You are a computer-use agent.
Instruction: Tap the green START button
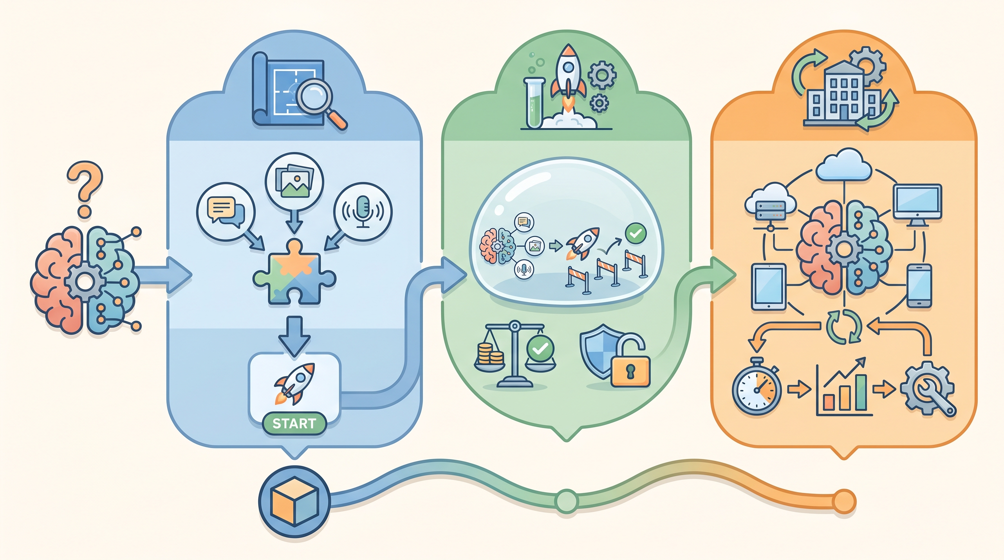[294, 423]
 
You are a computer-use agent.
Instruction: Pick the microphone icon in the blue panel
[363, 211]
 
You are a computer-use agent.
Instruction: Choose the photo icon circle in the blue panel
[294, 181]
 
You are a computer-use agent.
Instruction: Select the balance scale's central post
[514, 354]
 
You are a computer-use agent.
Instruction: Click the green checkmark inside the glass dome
[636, 233]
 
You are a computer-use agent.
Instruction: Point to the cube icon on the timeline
[295, 501]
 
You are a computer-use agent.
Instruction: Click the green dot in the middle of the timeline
[567, 501]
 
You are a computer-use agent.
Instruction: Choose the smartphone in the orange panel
[919, 285]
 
